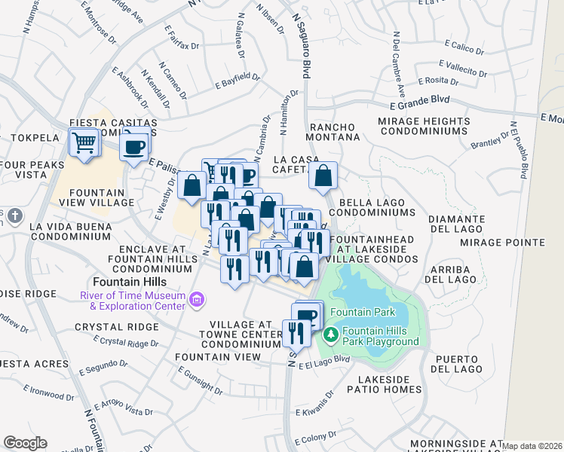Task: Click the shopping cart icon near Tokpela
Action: pos(84,142)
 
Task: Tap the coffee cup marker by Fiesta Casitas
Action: pos(135,146)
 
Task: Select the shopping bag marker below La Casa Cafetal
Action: pos(323,176)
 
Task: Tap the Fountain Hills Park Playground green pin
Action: pos(330,332)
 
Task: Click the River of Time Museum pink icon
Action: pos(198,301)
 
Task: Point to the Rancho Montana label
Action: pos(333,132)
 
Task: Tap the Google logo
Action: pos(26,442)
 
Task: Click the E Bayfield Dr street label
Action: pos(237,81)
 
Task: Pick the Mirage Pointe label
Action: pos(513,242)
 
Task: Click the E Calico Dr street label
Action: pos(464,47)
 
